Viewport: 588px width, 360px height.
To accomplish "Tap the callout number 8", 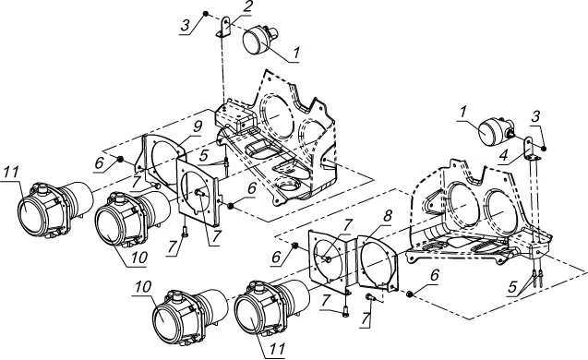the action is pos(388,216).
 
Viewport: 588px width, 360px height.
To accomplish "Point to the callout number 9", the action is pos(198,126).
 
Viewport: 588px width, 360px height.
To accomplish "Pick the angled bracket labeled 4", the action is pos(530,149).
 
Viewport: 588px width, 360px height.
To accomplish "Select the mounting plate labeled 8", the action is pos(378,262).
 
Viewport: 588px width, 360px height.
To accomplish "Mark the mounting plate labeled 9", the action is pos(162,158).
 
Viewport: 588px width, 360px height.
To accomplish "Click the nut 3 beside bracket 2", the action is pos(206,14).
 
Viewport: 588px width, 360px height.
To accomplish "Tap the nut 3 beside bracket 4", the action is pos(544,149).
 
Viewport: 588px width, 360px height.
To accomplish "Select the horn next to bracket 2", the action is pos(260,40).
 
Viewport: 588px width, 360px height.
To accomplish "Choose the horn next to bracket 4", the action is pos(496,129).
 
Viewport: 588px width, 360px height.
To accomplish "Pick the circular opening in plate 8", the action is pos(377,262).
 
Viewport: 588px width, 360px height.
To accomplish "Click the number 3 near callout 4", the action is pos(535,116).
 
